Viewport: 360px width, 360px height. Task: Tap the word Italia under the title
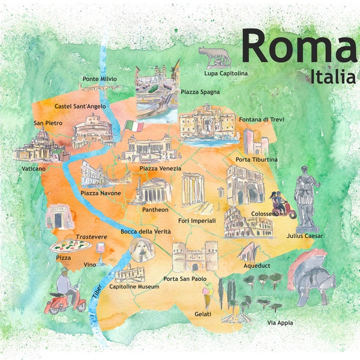pos(333,76)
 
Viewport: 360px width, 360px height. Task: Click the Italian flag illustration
pos(134,127)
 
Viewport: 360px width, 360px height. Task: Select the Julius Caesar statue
pos(307,197)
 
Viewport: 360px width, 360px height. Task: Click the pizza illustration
pos(71,245)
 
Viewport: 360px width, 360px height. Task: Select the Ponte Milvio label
pos(100,79)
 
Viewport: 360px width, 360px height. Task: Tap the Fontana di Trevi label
pos(261,119)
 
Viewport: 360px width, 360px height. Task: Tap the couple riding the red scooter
pos(280,204)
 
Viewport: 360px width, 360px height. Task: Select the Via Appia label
pos(280,323)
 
